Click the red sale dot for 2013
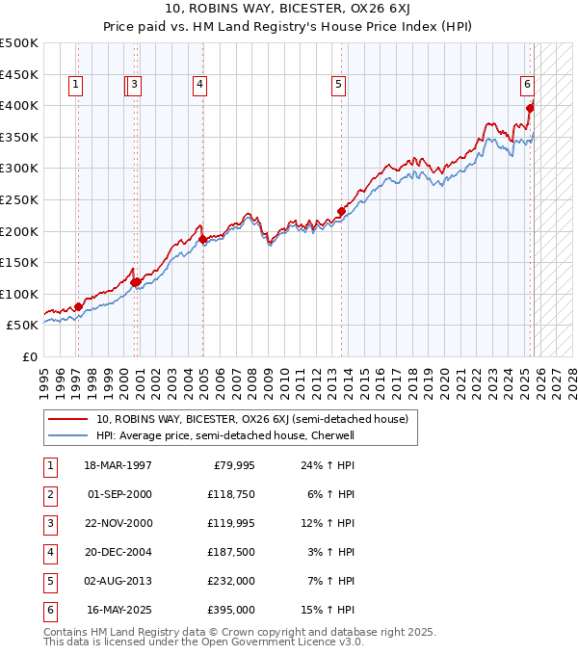341,211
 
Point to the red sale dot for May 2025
530,108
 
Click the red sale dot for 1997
78,306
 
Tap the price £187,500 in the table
231,552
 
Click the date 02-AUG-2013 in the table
118,581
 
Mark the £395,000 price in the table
231,610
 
